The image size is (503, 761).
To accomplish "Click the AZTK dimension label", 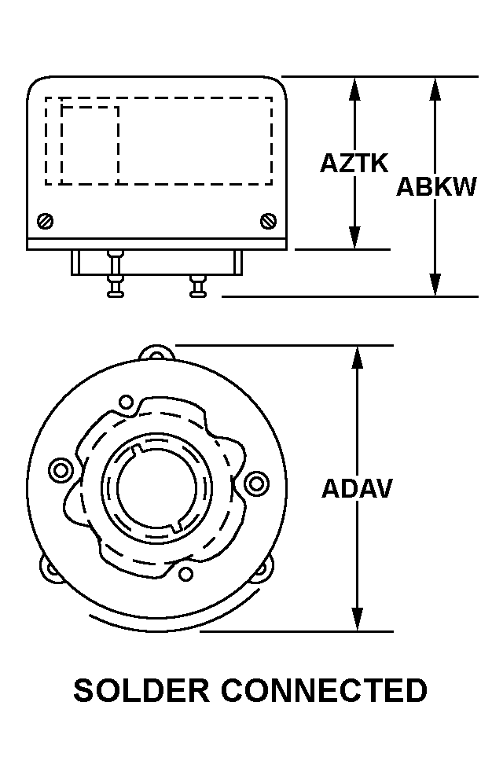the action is (x=354, y=163).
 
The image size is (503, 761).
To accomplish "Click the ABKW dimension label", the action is (x=436, y=186).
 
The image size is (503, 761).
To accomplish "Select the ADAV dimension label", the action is (x=357, y=488).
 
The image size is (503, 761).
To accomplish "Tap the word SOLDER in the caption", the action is (x=141, y=690).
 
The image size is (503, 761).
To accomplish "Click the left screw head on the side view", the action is (x=45, y=222).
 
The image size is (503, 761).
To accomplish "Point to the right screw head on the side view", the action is (x=268, y=222).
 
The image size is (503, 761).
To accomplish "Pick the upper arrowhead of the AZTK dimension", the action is (x=355, y=89).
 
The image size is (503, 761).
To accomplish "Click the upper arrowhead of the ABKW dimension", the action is (x=435, y=89).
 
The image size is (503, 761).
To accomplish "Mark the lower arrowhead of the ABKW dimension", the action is (x=435, y=284).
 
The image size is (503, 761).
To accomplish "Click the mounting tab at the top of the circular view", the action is (x=156, y=352).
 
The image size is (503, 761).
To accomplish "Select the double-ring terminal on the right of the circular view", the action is (x=256, y=483).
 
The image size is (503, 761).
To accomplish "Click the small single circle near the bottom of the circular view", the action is (x=185, y=574).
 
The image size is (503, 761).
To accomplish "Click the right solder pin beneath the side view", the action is (x=198, y=286).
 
